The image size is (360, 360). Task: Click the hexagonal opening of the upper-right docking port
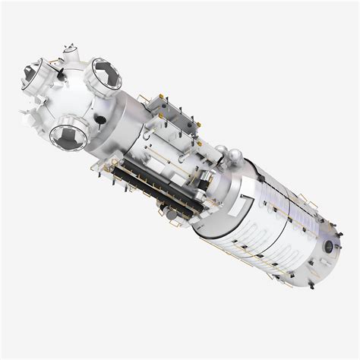[104, 74]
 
